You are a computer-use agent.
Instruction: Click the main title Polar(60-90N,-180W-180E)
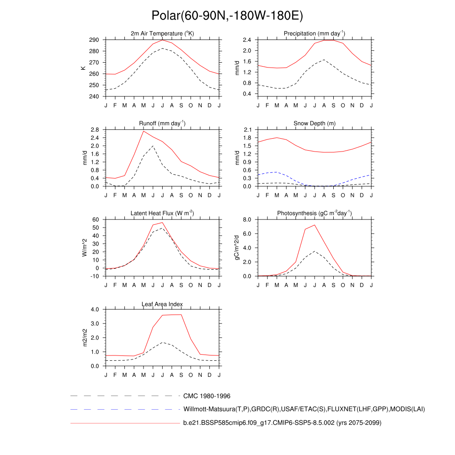tap(227, 16)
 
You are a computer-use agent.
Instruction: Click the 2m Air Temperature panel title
tap(163, 34)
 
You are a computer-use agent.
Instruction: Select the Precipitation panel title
tap(315, 34)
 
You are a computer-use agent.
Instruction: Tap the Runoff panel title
tap(163, 124)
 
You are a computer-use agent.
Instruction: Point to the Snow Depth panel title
tap(315, 124)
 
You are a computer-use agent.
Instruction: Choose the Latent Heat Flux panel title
tap(163, 214)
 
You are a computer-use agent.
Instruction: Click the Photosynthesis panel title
tap(315, 214)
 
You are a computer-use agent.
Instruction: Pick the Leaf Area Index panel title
tap(163, 304)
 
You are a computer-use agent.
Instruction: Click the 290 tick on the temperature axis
tap(93, 40)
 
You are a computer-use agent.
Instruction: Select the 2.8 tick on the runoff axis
tap(94, 130)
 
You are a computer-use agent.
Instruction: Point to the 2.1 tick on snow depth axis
tap(247, 130)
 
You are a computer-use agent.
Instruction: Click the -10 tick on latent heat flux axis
tap(94, 276)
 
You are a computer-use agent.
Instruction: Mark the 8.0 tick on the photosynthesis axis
tap(247, 220)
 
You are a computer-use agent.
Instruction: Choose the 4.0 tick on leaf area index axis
tap(94, 310)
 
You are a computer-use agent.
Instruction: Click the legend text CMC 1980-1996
tap(207, 396)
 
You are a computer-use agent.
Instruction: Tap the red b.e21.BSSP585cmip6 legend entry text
tap(282, 423)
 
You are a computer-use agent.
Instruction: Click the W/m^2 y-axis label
tap(84, 247)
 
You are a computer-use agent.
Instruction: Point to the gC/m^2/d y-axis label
tap(236, 247)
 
